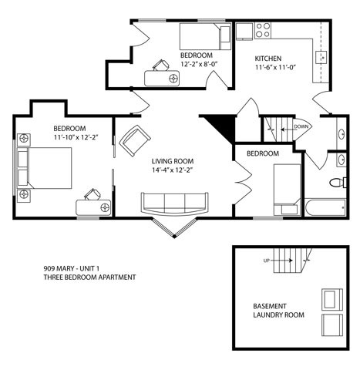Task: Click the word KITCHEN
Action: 269,58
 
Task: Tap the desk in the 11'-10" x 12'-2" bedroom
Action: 94,204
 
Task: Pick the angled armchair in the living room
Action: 136,139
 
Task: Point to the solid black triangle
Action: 218,125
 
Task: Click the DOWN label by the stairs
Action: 301,126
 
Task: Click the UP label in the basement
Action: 266,261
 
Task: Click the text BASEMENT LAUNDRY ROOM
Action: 278,310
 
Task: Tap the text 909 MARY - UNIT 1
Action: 77,268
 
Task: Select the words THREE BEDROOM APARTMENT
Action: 90,277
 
